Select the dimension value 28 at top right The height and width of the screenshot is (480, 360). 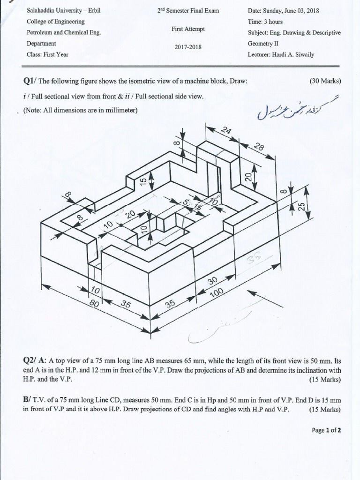click(x=258, y=148)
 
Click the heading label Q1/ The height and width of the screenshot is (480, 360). click(x=30, y=81)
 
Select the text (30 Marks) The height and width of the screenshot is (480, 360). click(x=325, y=81)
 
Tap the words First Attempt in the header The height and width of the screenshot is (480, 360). click(x=188, y=29)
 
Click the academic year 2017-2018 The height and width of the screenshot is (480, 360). click(x=188, y=47)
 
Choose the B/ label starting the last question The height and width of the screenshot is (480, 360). click(x=27, y=400)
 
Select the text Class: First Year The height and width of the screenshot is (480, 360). click(x=48, y=54)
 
